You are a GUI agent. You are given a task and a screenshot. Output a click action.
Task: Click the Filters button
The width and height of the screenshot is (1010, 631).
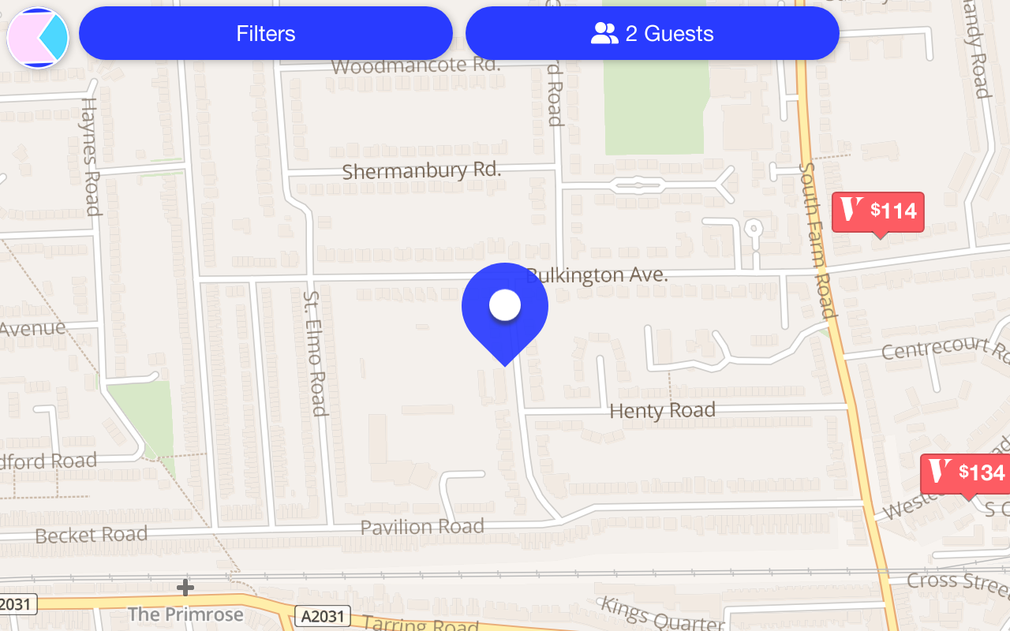tap(266, 34)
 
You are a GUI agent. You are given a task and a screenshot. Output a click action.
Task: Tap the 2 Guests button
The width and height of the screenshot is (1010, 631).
tap(652, 34)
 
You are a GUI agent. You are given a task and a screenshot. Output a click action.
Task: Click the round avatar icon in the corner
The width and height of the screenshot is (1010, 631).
tap(38, 37)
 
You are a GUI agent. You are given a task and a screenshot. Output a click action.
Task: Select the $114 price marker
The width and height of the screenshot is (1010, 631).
tap(877, 211)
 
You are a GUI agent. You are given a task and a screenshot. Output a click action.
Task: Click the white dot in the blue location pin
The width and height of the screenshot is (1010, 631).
tap(505, 305)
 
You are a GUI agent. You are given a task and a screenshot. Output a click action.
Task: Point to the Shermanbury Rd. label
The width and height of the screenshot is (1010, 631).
tap(421, 171)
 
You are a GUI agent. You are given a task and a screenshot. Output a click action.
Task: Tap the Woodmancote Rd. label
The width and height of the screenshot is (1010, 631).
tap(416, 65)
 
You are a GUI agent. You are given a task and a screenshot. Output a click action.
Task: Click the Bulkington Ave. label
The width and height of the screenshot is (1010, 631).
tap(597, 275)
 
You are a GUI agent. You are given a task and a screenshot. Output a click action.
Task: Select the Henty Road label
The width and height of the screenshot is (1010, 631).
tap(662, 411)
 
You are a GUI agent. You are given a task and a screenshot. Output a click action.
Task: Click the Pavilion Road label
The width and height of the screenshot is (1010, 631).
tap(422, 526)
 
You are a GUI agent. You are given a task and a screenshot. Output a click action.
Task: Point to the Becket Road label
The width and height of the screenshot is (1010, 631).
tap(92, 535)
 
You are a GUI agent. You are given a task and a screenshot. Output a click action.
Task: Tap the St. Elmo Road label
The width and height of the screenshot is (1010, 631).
tap(315, 352)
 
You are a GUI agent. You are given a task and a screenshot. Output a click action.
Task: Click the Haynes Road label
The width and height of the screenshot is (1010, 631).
tap(92, 156)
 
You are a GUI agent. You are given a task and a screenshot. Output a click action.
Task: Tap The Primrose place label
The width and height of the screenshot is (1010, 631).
tap(185, 614)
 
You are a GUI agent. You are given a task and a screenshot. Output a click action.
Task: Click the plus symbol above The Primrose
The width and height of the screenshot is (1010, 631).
tap(185, 588)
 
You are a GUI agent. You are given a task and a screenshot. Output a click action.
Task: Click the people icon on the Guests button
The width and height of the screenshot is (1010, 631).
tap(604, 34)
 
